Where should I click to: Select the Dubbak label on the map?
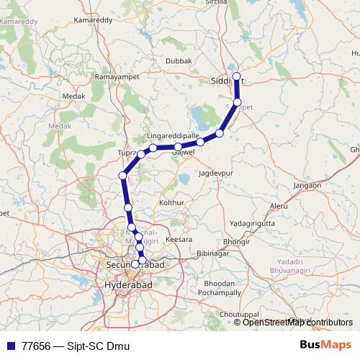(x=178, y=62)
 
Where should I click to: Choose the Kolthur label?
(x=171, y=204)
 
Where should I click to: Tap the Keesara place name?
(x=179, y=238)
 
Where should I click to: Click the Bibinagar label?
(x=212, y=255)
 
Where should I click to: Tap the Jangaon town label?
(x=307, y=186)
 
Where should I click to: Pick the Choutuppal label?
(x=238, y=315)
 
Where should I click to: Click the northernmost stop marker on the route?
(x=236, y=76)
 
